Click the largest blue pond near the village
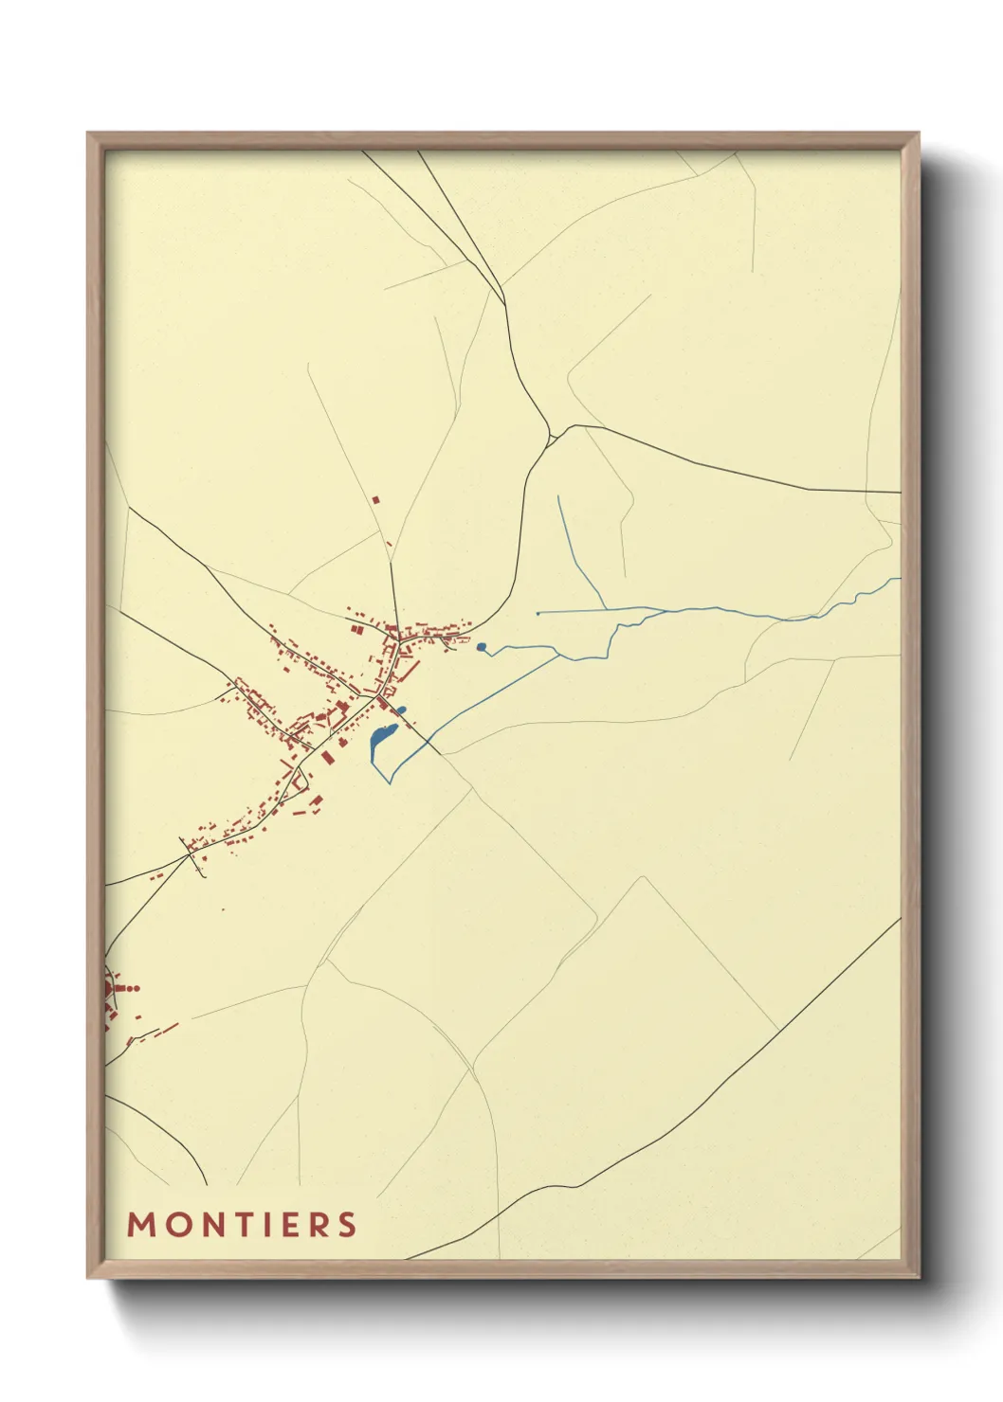(x=382, y=736)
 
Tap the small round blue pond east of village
(x=482, y=647)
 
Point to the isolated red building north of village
(x=375, y=499)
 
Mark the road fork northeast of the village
(x=552, y=436)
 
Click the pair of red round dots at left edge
(x=132, y=988)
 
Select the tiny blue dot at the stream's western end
(x=538, y=614)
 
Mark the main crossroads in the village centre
(x=378, y=698)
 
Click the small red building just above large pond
(x=401, y=710)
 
